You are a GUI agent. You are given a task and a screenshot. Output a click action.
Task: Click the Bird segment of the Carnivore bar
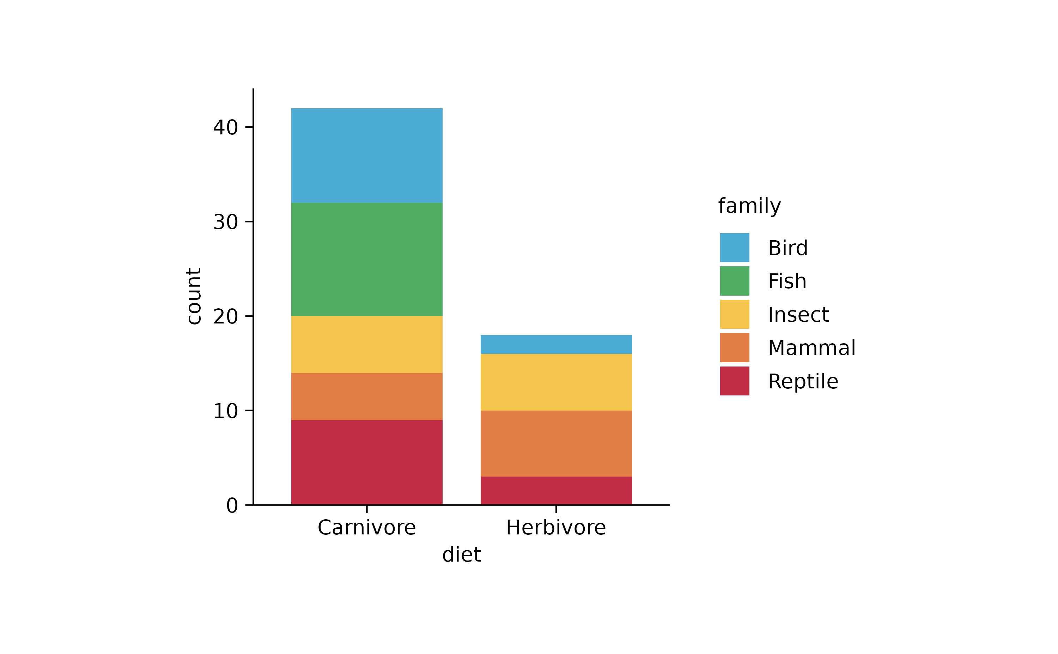point(367,156)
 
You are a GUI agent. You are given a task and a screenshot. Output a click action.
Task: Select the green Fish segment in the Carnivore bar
point(367,260)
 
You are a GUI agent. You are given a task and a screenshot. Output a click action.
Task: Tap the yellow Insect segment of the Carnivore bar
point(367,344)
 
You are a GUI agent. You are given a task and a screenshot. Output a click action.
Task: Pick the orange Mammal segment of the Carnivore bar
point(367,396)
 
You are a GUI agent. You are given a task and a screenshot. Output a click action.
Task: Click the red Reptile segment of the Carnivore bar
point(367,462)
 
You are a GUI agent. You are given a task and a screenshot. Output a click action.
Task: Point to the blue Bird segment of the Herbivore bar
point(556,344)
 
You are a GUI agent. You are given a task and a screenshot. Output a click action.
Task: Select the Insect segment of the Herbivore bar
point(556,382)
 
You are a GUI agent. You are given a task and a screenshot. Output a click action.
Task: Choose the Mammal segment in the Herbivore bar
point(556,443)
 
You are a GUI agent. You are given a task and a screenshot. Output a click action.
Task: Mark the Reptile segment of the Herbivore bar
point(556,490)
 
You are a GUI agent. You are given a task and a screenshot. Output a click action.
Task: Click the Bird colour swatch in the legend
point(734,247)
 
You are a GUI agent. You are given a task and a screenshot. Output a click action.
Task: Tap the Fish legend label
point(787,281)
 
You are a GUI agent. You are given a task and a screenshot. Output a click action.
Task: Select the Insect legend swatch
point(734,314)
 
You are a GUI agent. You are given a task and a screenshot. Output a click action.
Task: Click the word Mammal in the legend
point(811,348)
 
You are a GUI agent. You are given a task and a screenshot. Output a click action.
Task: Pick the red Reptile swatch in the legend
point(734,381)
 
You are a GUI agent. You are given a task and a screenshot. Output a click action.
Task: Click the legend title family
point(749,206)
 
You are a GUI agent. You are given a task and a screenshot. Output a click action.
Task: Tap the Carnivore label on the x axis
point(367,528)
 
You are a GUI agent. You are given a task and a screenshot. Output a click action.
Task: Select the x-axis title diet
point(461,555)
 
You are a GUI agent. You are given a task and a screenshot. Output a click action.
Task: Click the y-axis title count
point(194,296)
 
